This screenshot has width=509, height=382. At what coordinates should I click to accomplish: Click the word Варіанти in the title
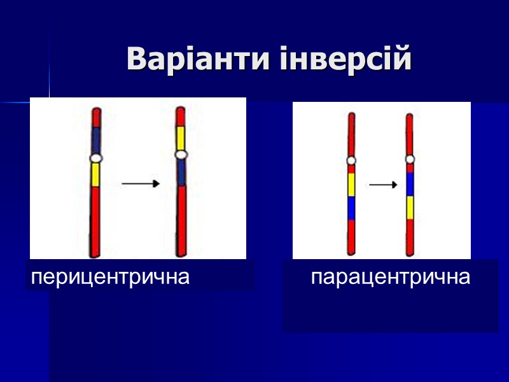click(x=199, y=60)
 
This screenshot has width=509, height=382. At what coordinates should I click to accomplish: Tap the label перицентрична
click(x=111, y=278)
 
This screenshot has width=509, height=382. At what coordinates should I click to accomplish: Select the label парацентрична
click(x=391, y=278)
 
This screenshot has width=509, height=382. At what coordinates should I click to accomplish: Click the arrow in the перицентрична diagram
click(x=141, y=184)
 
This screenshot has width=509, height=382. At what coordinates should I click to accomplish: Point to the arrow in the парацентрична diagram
click(x=383, y=185)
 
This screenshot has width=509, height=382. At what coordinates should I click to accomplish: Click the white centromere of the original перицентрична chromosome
click(x=96, y=158)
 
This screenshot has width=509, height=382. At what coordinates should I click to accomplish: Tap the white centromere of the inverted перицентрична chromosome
click(x=181, y=155)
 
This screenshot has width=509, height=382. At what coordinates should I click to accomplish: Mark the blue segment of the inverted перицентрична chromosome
click(x=181, y=172)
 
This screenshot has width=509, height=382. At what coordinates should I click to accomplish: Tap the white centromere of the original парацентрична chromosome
click(x=351, y=160)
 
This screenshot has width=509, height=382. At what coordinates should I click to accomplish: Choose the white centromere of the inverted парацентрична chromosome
click(x=410, y=159)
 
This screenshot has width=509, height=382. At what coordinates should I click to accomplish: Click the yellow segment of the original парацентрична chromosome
click(x=351, y=185)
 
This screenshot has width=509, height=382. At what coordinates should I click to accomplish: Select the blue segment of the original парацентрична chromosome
click(x=351, y=208)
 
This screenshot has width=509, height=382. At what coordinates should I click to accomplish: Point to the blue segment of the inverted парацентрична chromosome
click(x=410, y=184)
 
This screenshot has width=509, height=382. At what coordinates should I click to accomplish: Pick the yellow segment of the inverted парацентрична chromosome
click(x=410, y=207)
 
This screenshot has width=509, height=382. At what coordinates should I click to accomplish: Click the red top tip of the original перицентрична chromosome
click(x=96, y=117)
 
